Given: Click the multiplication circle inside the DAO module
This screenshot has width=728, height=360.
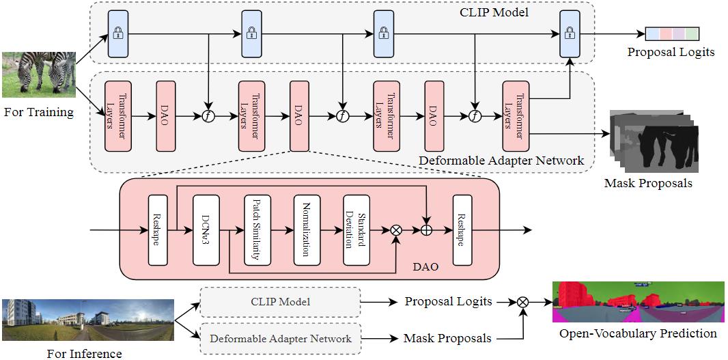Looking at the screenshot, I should click(x=395, y=231).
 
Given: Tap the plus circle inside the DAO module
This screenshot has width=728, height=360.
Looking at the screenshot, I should click(x=428, y=231).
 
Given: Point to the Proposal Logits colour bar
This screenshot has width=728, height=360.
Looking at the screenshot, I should click(x=673, y=33).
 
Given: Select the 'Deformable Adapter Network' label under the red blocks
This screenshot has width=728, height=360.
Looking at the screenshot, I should click(x=501, y=161).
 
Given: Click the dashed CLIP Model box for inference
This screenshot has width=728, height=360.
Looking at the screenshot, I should click(x=280, y=301).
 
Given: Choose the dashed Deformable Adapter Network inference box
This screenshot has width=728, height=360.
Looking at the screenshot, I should click(x=280, y=338).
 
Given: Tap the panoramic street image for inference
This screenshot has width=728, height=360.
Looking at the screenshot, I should click(x=88, y=319).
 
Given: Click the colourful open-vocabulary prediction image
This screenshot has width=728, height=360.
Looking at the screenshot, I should click(x=639, y=301).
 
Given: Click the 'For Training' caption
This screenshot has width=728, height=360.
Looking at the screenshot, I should click(x=38, y=112).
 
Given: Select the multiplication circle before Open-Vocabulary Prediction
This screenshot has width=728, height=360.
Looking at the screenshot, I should click(x=523, y=301).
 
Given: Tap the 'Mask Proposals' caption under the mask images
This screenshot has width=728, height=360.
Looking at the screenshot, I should click(x=647, y=184).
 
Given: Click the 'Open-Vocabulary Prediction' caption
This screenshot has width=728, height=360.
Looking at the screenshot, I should click(x=638, y=333).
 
